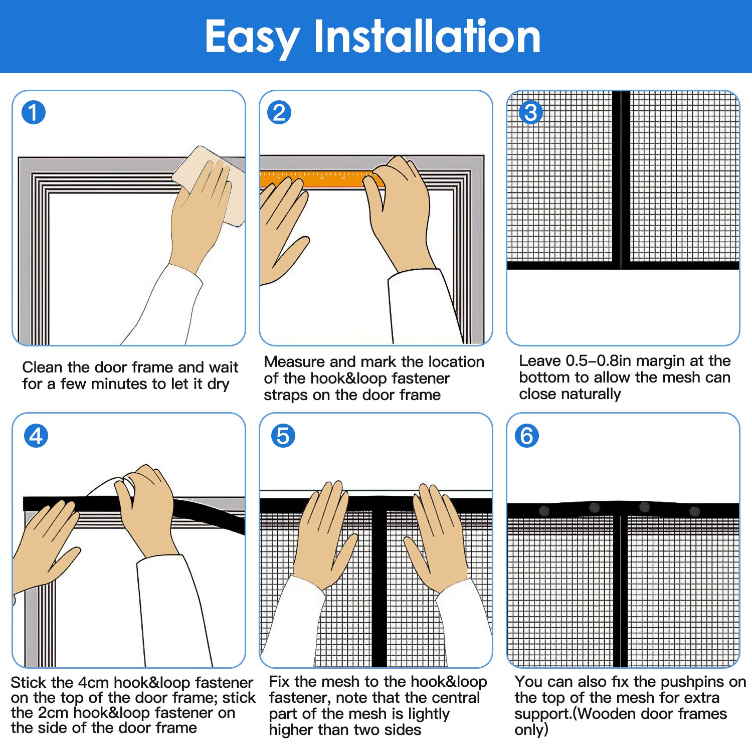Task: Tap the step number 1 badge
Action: coord(34,112)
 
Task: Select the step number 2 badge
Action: coord(279,112)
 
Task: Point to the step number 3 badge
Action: coord(531,112)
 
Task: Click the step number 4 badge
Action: coord(36,436)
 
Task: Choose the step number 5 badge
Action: coord(283,436)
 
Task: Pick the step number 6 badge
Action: coord(527,436)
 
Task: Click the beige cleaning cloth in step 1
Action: coord(211,183)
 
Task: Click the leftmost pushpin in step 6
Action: coord(544,511)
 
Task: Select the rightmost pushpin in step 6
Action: coord(694,511)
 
